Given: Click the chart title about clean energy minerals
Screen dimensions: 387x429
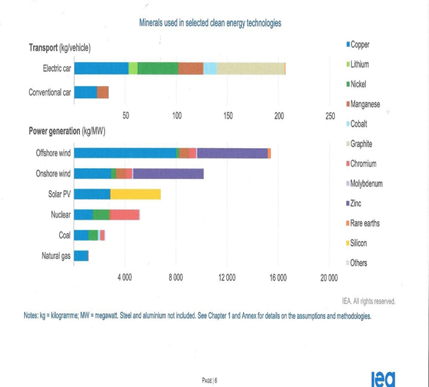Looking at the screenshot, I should pyautogui.click(x=210, y=23).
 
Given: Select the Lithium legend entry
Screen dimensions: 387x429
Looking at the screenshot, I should pyautogui.click(x=360, y=64).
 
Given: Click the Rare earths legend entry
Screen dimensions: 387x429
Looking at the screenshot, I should pyautogui.click(x=364, y=223).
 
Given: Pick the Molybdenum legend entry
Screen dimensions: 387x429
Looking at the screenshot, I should pyautogui.click(x=366, y=184).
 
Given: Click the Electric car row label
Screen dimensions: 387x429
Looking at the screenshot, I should pyautogui.click(x=56, y=68).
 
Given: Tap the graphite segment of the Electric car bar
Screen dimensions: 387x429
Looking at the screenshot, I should pyautogui.click(x=250, y=68).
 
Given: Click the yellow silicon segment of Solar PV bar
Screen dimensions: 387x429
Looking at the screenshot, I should pyautogui.click(x=135, y=194).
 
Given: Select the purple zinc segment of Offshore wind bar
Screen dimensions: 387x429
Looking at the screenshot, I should pyautogui.click(x=232, y=153).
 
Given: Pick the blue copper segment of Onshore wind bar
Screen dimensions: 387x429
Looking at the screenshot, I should pyautogui.click(x=92, y=174).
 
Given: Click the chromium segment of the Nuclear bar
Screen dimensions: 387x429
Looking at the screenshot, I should pyautogui.click(x=124, y=215).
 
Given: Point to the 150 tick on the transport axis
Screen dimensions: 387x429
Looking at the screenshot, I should pyautogui.click(x=228, y=115).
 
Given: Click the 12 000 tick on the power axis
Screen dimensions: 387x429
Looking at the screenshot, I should pyautogui.click(x=227, y=277).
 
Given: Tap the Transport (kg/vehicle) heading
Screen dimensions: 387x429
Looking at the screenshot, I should pyautogui.click(x=60, y=48).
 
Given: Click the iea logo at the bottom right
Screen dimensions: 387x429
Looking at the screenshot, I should pyautogui.click(x=382, y=377).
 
